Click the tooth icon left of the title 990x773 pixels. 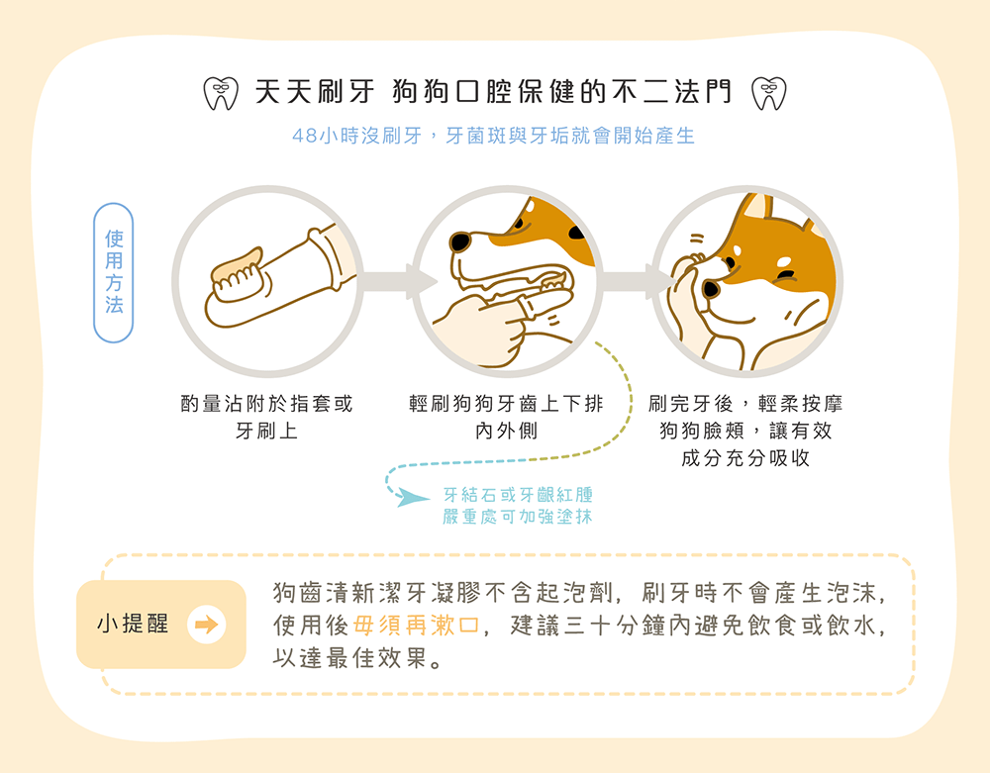222,93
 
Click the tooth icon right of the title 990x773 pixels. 768,93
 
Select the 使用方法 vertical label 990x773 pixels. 114,272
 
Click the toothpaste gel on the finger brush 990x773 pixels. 238,263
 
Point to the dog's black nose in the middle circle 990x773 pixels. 460,242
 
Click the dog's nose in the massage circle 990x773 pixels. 711,288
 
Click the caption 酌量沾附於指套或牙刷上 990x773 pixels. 266,418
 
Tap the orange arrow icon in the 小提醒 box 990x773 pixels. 207,626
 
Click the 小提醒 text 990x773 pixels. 133,625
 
